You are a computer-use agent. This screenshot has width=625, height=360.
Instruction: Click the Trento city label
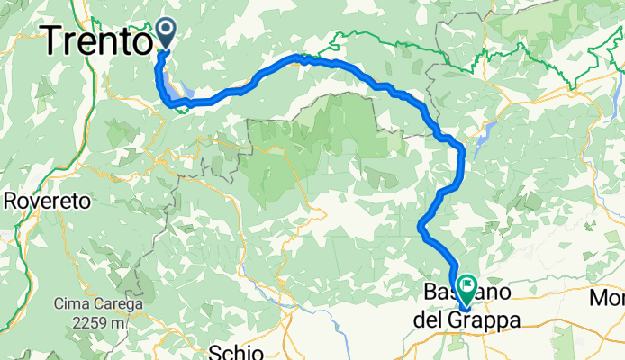(x=95, y=40)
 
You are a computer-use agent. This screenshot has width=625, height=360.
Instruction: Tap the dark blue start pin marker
(x=167, y=32)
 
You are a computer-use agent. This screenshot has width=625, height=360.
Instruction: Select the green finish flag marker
(x=467, y=289)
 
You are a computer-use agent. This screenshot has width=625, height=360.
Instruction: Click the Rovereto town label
(x=47, y=202)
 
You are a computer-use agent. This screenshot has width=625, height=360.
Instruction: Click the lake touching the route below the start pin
(x=173, y=90)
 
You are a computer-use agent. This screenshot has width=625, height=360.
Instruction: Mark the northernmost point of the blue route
(x=297, y=57)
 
